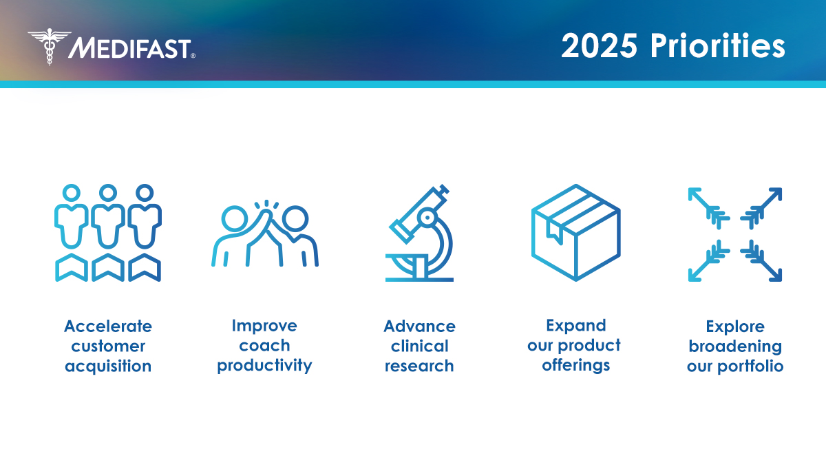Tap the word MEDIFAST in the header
(131, 48)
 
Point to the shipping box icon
(575, 233)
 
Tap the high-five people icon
(264, 234)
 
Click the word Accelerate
(108, 326)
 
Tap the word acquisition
(108, 366)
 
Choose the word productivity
(264, 365)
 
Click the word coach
(264, 345)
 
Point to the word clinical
(419, 346)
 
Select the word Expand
(575, 325)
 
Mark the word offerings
(575, 365)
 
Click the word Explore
(735, 326)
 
